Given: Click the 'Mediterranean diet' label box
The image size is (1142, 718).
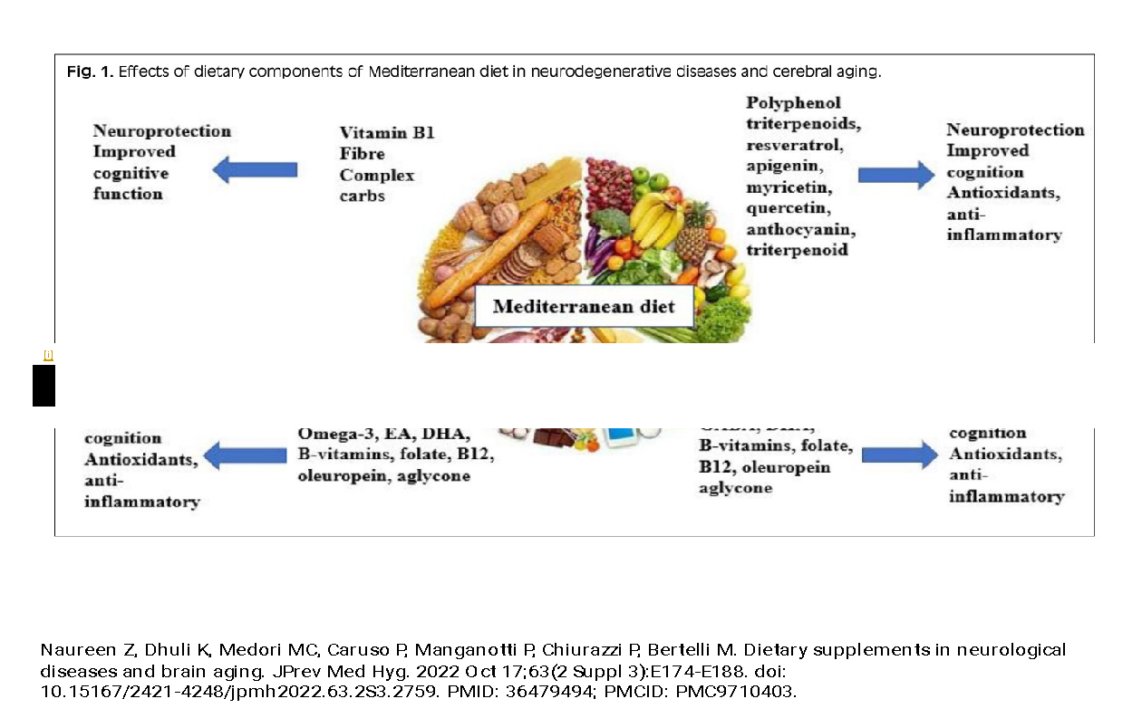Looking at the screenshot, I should (x=584, y=306).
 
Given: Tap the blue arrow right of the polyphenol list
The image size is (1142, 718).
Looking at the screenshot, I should (x=895, y=174).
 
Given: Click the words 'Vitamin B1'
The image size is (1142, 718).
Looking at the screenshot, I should (x=387, y=133).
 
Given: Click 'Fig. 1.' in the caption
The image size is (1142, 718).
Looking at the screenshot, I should (x=90, y=72).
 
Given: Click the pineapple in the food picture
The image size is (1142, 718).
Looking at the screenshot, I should (x=693, y=235).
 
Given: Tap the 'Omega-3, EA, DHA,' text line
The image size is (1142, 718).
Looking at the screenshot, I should (x=383, y=434).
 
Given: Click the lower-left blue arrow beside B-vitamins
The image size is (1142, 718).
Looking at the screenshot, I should (x=247, y=455).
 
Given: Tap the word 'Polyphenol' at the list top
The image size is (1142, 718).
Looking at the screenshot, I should (x=793, y=102).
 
